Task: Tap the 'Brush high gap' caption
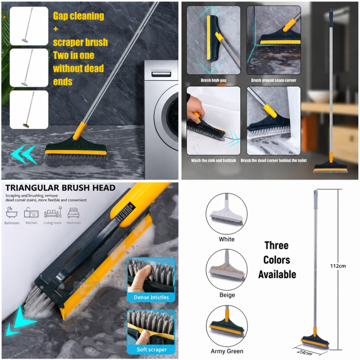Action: pos(213,81)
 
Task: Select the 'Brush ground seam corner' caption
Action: pos(274,81)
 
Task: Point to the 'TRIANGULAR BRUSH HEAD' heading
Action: pos(60,188)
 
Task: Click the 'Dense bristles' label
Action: pos(151,297)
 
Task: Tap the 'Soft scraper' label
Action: pos(151,350)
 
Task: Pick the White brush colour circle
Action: pos(226,214)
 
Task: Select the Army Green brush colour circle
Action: pos(226,325)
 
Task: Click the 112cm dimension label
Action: pos(337,266)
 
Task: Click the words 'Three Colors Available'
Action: pos(277,260)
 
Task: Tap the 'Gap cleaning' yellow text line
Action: pos(78,16)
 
